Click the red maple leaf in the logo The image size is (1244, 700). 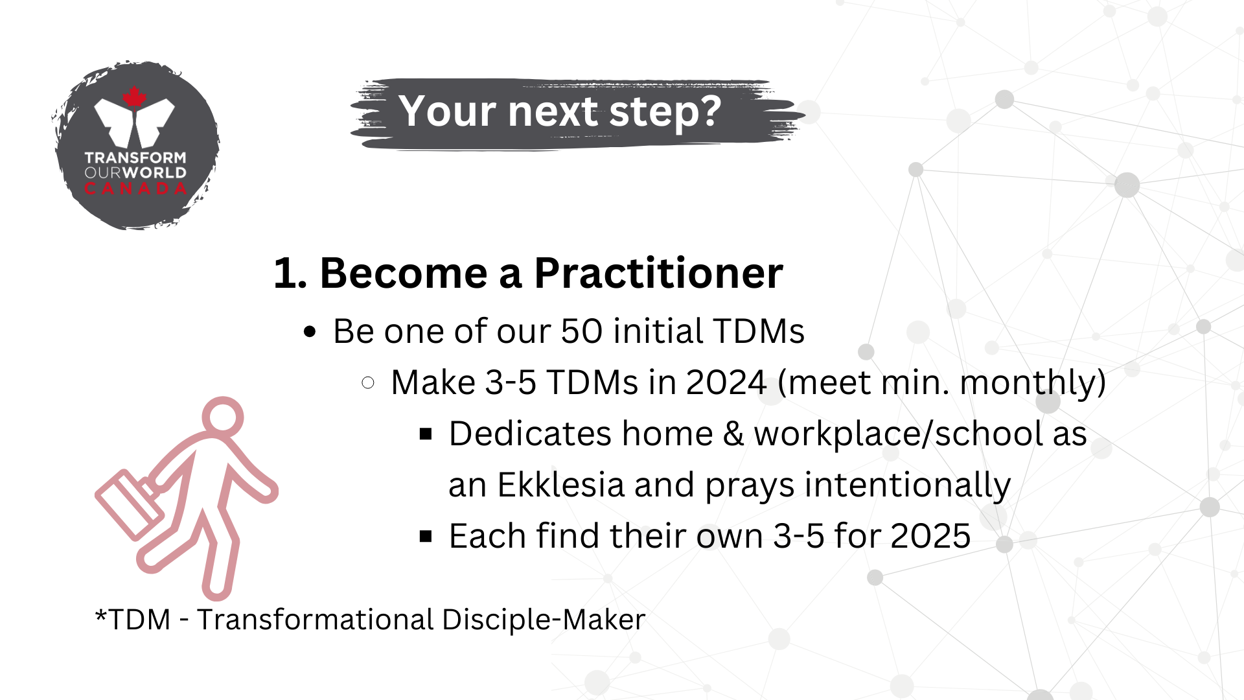pos(134,97)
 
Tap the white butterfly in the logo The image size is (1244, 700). pos(135,123)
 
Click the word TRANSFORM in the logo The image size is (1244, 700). pos(135,157)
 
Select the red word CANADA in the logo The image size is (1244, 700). pos(135,189)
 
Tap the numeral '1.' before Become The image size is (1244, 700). pos(290,274)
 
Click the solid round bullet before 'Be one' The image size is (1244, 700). pos(310,332)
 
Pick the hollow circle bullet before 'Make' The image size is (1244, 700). pos(368,382)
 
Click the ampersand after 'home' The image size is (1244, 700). pos(733,434)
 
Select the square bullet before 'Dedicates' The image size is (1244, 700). pos(426,434)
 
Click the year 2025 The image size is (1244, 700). pos(930,536)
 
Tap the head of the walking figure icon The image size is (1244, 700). pos(223,417)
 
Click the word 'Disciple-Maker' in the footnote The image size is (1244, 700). pos(544,620)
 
